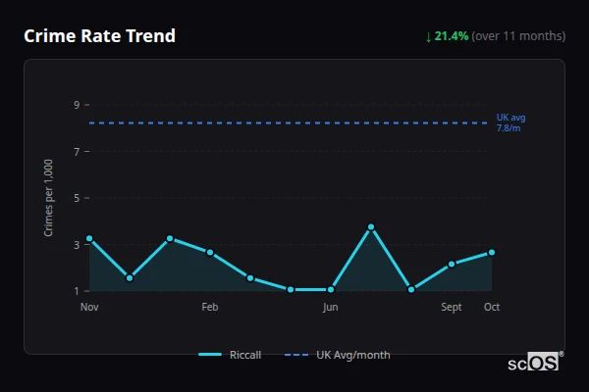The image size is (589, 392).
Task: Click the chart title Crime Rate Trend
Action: (x=100, y=36)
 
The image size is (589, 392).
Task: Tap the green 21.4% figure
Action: (x=452, y=36)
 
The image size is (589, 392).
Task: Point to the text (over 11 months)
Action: (x=518, y=36)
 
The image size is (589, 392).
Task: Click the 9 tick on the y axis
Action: (x=76, y=105)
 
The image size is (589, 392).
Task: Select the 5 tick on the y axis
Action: (x=76, y=198)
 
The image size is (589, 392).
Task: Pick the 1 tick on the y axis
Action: (x=76, y=291)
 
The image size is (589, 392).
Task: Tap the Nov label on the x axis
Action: (x=89, y=307)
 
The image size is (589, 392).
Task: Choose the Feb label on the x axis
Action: (x=210, y=307)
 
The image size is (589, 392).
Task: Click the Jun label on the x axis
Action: (x=331, y=307)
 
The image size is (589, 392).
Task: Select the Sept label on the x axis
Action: (x=452, y=307)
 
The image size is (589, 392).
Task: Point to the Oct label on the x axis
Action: (x=492, y=307)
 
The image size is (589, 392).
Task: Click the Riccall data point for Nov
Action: (x=89, y=238)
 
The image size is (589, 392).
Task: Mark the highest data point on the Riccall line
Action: (x=371, y=226)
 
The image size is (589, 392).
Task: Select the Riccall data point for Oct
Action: (x=492, y=252)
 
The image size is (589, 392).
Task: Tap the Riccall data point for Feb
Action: (x=210, y=252)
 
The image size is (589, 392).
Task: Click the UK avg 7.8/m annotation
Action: (x=510, y=122)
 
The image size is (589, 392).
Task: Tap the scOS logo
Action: (x=535, y=363)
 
